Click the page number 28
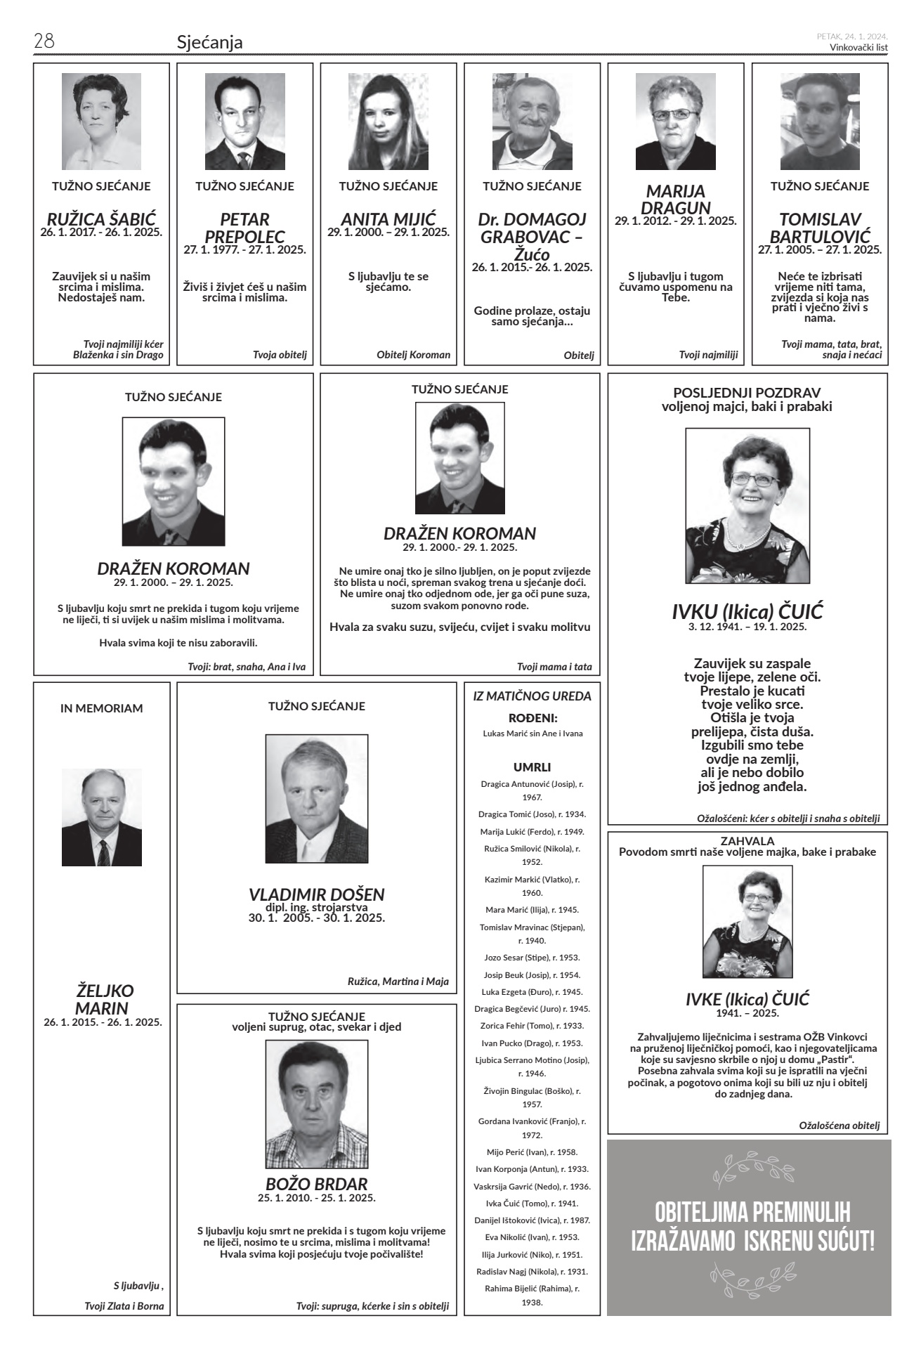[x=44, y=41]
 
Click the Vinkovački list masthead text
[x=858, y=48]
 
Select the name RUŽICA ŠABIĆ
[x=101, y=219]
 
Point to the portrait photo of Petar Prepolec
[x=244, y=122]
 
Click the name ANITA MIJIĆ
[x=388, y=219]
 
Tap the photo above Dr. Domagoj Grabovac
[x=532, y=122]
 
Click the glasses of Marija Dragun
[x=675, y=115]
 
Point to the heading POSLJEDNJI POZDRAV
[x=747, y=393]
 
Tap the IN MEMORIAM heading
[x=101, y=708]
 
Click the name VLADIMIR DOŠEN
[x=317, y=894]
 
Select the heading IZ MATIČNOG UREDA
[x=533, y=696]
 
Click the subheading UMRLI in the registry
[x=532, y=767]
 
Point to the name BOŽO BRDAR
[x=317, y=1183]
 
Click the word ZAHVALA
[x=747, y=840]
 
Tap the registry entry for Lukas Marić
[x=533, y=734]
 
